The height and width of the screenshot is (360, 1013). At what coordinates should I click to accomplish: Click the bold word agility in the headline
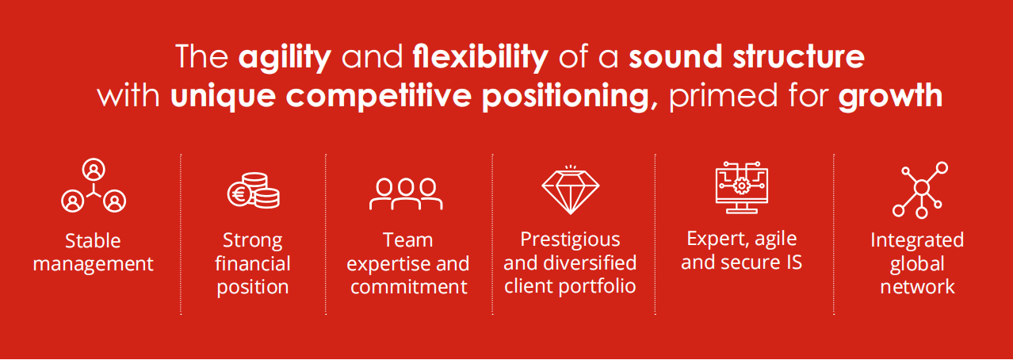pyautogui.click(x=285, y=58)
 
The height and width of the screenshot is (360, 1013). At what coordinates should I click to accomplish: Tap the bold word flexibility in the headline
pyautogui.click(x=480, y=58)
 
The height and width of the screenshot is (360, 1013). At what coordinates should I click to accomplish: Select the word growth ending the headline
pyautogui.click(x=890, y=96)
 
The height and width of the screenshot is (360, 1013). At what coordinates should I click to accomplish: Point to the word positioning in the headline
pyautogui.click(x=565, y=97)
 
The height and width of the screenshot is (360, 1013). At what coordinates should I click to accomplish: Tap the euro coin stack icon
pyautogui.click(x=254, y=190)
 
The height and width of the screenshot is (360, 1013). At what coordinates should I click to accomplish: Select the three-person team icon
pyautogui.click(x=406, y=193)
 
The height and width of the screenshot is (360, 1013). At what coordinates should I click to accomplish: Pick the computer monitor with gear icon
pyautogui.click(x=742, y=187)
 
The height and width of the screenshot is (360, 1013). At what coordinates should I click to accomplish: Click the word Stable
pyautogui.click(x=93, y=241)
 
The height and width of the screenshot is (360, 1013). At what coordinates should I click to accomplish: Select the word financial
pyautogui.click(x=252, y=263)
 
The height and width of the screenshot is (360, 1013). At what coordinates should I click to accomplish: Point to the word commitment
pyautogui.click(x=409, y=287)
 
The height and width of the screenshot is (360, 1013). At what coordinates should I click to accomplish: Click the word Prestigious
pyautogui.click(x=570, y=239)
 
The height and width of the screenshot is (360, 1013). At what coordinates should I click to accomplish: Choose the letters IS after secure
pyautogui.click(x=794, y=262)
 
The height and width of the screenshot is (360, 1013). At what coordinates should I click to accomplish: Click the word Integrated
pyautogui.click(x=917, y=240)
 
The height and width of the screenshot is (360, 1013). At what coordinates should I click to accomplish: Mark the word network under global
pyautogui.click(x=917, y=287)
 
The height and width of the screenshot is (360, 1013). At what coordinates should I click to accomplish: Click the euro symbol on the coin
pyautogui.click(x=239, y=194)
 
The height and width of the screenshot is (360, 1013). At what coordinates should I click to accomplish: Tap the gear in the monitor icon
pyautogui.click(x=741, y=186)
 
